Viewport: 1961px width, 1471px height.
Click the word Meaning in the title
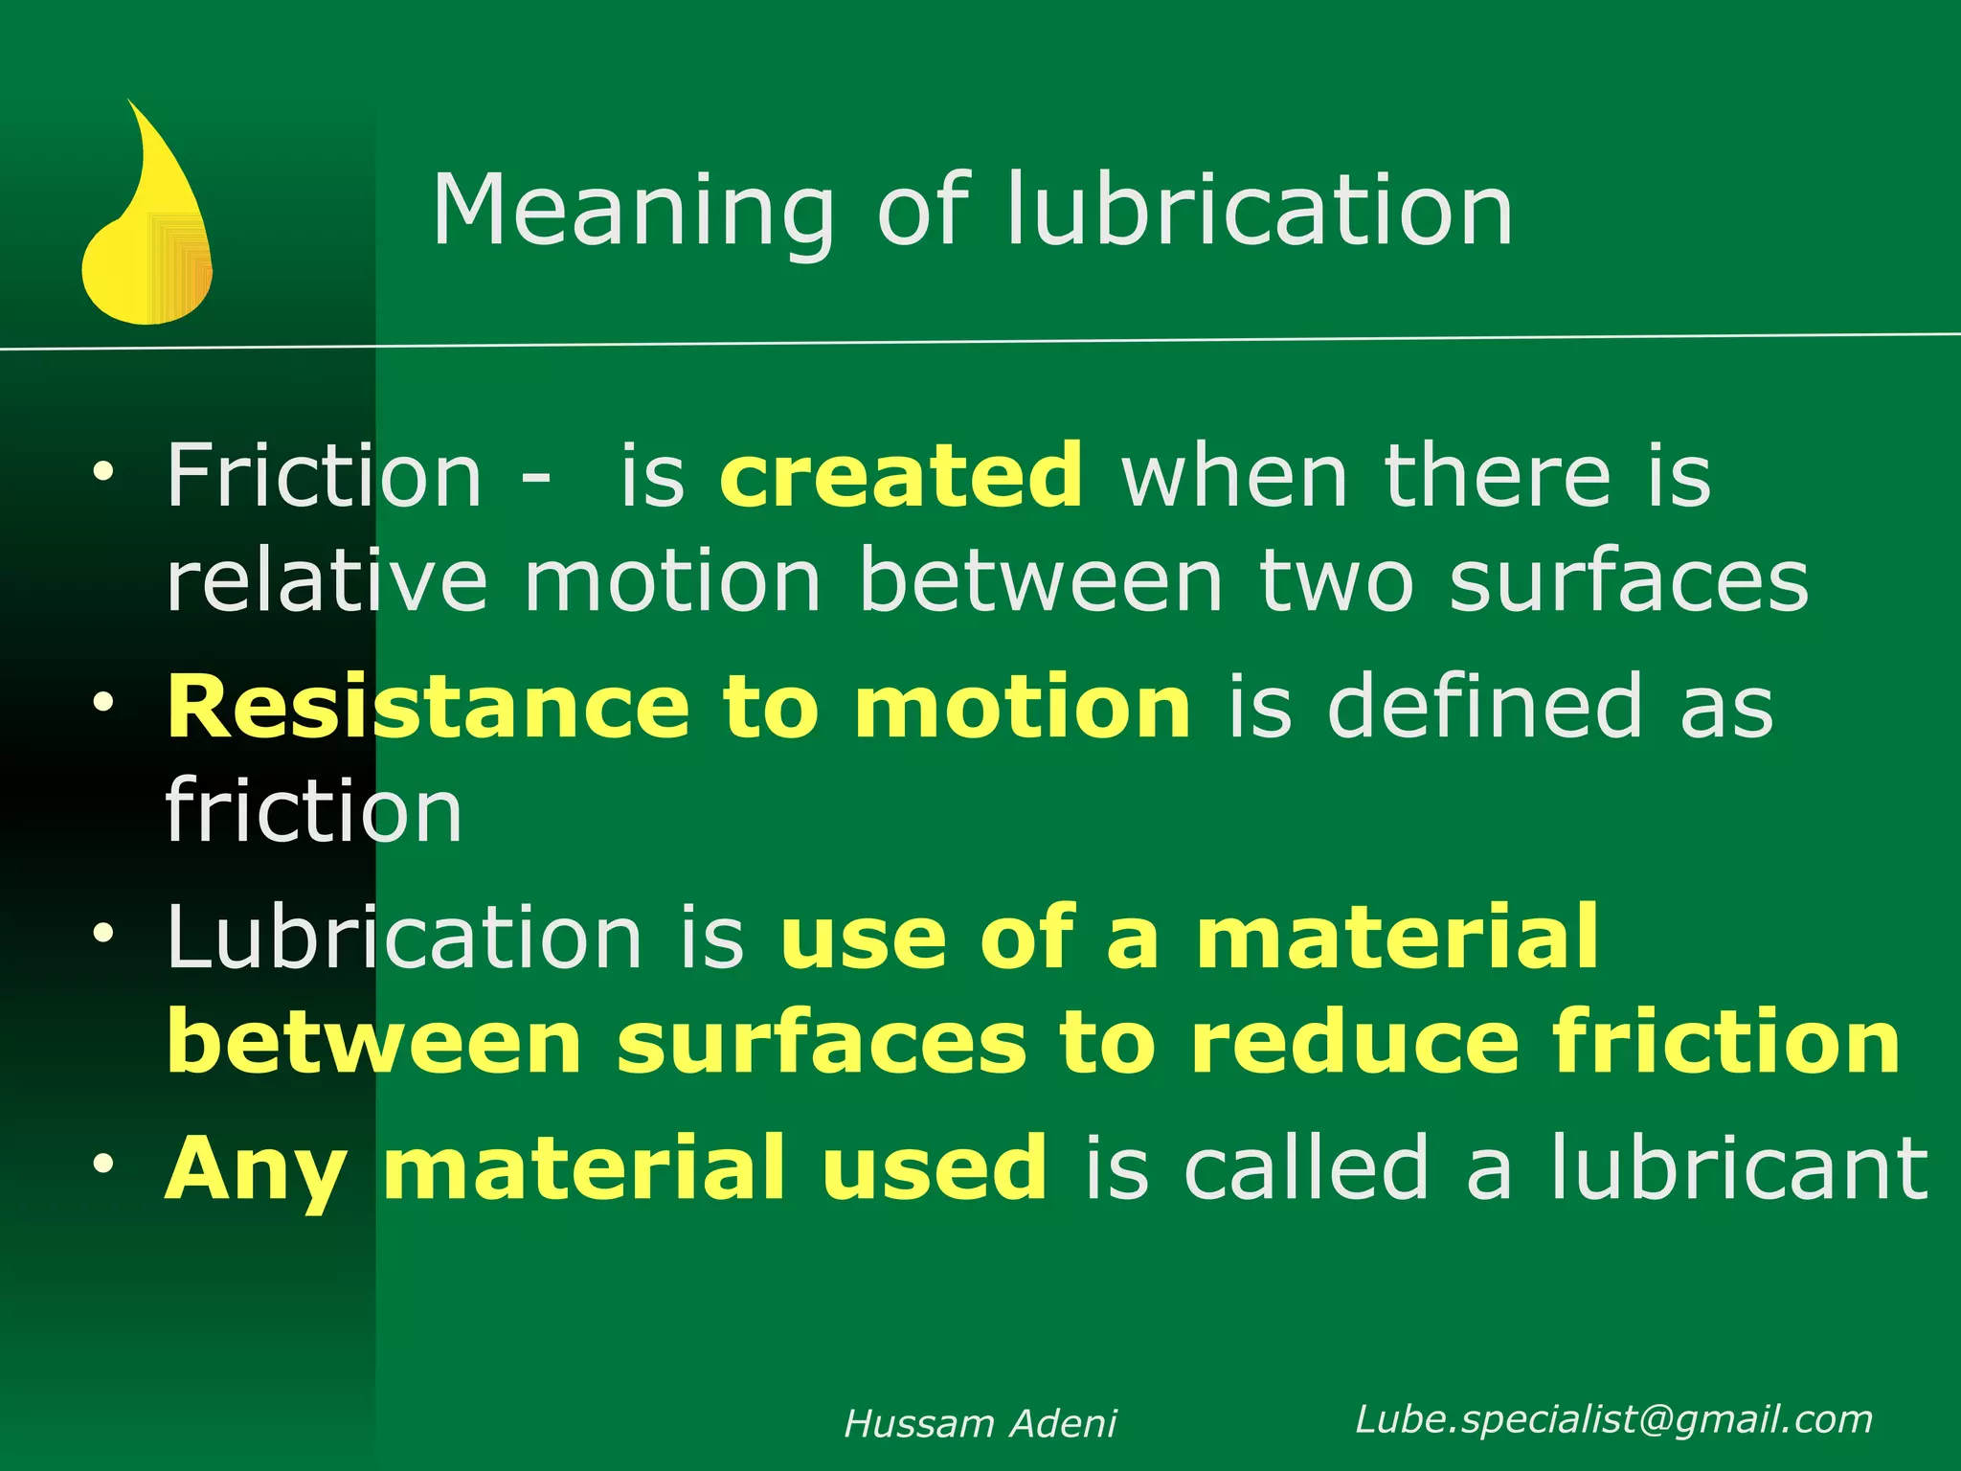pyautogui.click(x=633, y=213)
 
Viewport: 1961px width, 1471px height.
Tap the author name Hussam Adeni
pyautogui.click(x=980, y=1424)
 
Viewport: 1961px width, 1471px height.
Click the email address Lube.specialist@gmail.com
pyautogui.click(x=1613, y=1419)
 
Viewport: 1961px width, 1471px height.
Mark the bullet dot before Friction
pyautogui.click(x=103, y=471)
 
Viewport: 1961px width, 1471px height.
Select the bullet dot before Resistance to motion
pyautogui.click(x=103, y=703)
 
